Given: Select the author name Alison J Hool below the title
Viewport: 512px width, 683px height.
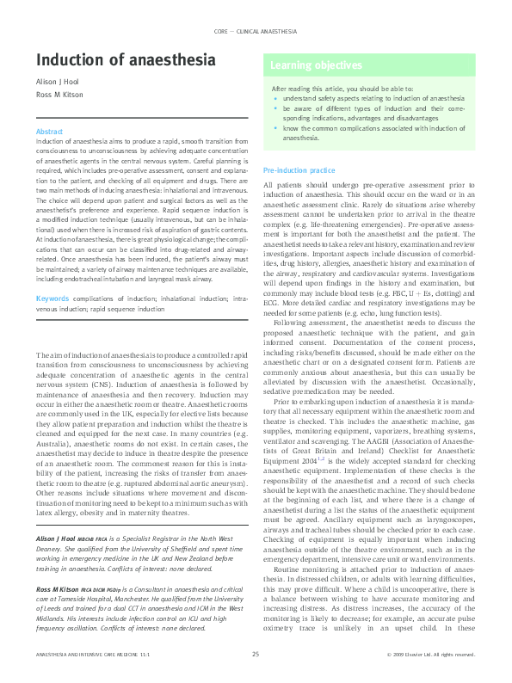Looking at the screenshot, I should coord(57,86).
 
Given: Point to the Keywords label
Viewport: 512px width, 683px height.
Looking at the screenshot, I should coord(52,298).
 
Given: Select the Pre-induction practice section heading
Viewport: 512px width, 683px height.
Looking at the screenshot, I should coord(299,171).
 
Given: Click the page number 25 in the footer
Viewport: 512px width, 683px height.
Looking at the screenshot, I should coord(256,655).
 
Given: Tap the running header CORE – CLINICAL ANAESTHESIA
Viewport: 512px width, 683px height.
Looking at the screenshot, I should coord(255,30).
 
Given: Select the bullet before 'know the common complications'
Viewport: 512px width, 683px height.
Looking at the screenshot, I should coord(275,127).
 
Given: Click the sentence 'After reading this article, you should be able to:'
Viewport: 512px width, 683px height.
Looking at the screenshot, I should coord(337,89).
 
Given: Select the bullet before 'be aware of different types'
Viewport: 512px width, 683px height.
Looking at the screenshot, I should coord(275,109).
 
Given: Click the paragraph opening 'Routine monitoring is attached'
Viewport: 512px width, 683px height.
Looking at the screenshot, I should coord(327,593).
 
